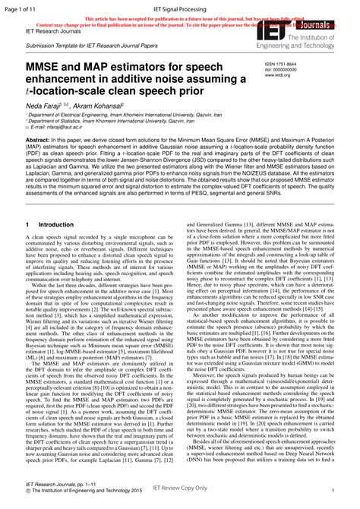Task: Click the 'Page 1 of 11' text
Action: [x=21, y=7]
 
